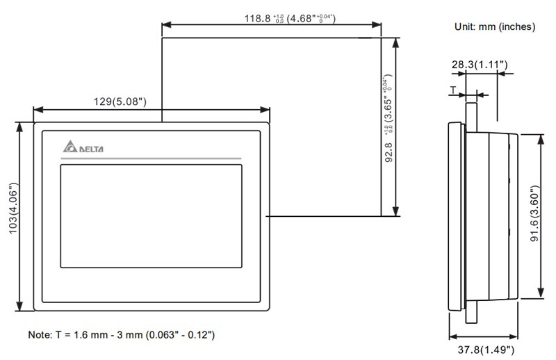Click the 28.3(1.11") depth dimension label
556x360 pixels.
pyautogui.click(x=480, y=65)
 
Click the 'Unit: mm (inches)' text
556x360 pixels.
pyautogui.click(x=495, y=26)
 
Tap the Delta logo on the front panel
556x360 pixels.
pyautogui.click(x=82, y=148)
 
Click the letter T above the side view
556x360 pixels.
pyautogui.click(x=453, y=90)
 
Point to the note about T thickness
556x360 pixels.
pyautogui.click(x=121, y=335)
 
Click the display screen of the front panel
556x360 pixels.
pyautogui.click(x=151, y=215)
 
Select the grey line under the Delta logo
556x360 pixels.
pyautogui.click(x=151, y=159)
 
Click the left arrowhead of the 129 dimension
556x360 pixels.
pyautogui.click(x=37, y=110)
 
